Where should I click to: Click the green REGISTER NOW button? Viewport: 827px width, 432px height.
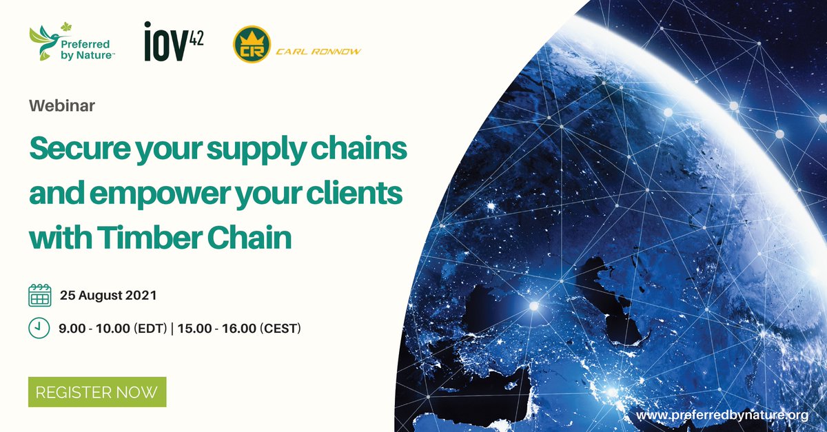97,392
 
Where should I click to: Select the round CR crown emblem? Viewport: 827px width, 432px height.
251,44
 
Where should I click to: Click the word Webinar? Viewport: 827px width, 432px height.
62,106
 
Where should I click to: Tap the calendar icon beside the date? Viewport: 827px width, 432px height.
40,296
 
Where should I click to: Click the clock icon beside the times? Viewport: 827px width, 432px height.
39,328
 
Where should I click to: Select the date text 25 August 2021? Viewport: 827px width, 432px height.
108,296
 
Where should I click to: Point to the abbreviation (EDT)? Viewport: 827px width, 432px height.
150,329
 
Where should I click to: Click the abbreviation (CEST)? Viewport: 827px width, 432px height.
280,329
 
